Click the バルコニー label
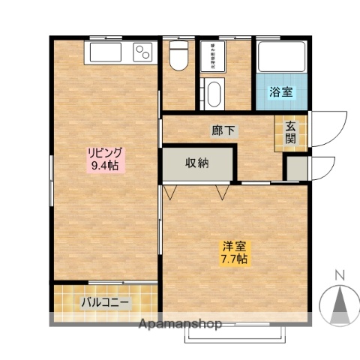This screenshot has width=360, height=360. tap(106, 303)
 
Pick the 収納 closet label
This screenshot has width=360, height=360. tap(198, 163)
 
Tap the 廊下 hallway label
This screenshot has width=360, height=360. tap(223, 130)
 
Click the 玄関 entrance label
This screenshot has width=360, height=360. tap(290, 133)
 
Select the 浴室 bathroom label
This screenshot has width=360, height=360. tap(282, 93)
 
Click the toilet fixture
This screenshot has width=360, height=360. tap(178, 55)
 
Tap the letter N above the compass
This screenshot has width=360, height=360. tap(339, 275)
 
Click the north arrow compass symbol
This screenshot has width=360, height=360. tap(339, 304)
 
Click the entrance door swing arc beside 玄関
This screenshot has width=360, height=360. tap(328, 127)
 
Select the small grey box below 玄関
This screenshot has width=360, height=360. tap(297, 168)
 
